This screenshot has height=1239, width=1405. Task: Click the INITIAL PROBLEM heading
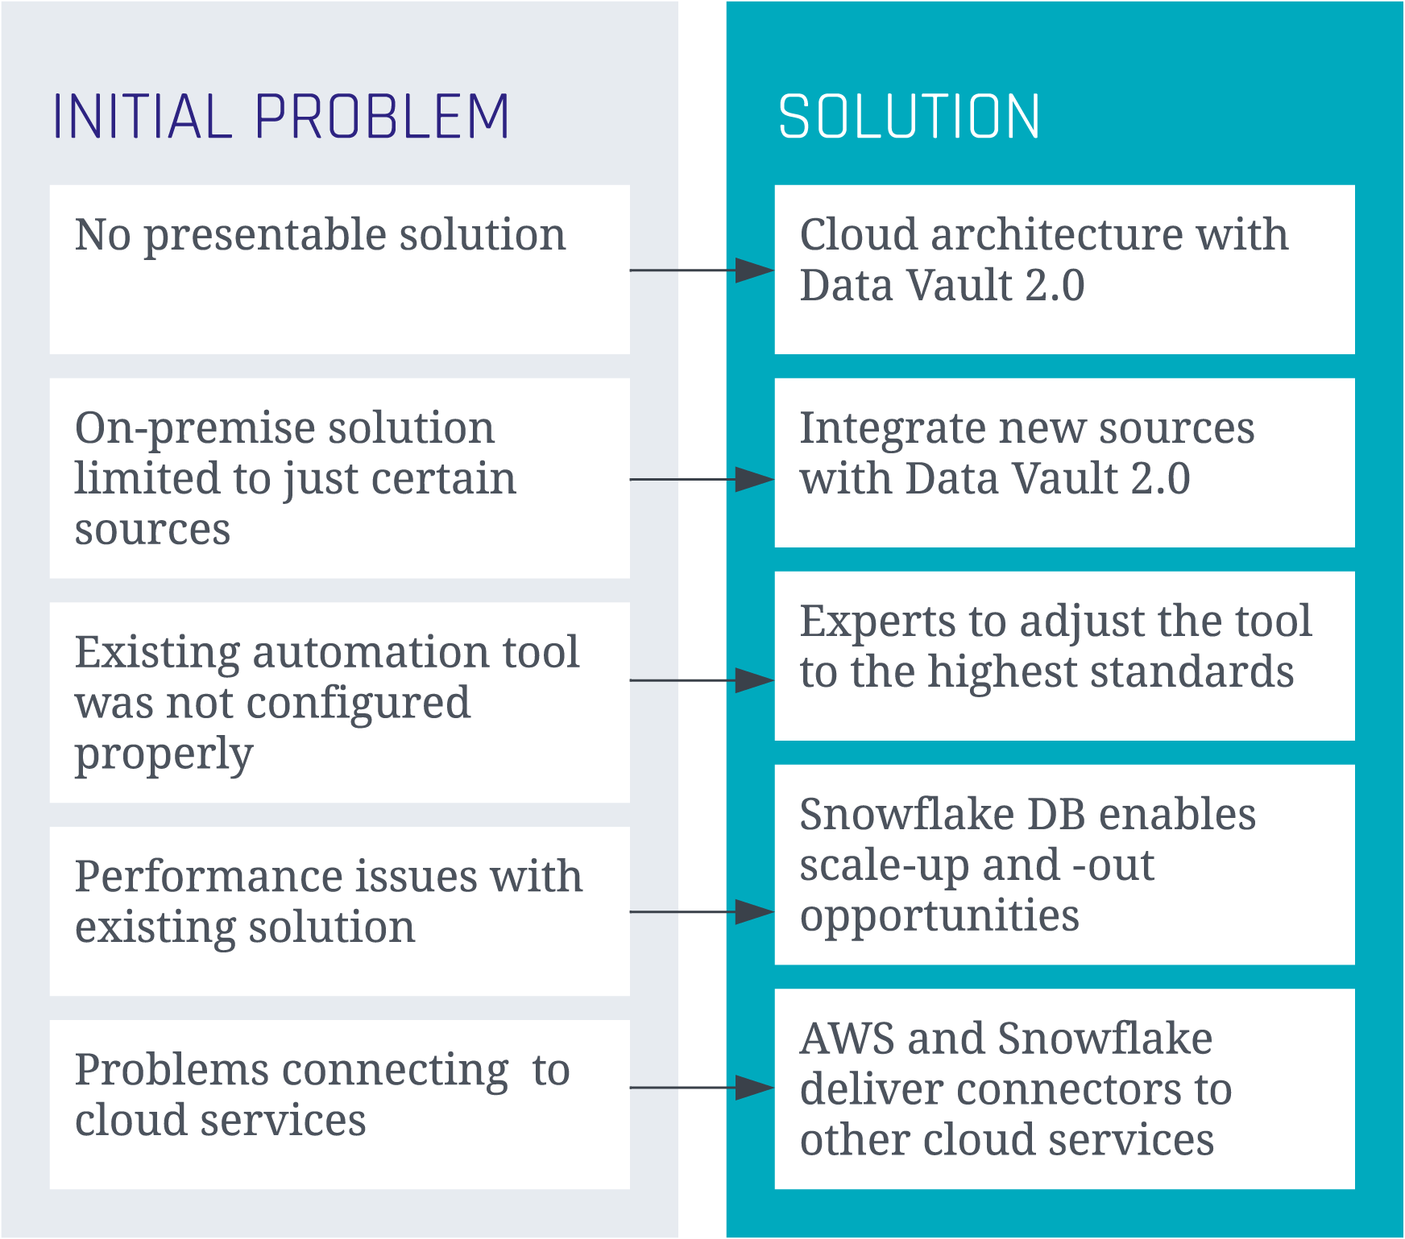click(x=280, y=118)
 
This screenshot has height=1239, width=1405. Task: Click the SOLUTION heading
click(x=909, y=118)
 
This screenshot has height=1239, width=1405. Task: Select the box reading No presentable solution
click(x=339, y=269)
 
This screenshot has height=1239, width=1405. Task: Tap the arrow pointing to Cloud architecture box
click(x=701, y=271)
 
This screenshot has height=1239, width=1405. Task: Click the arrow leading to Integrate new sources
click(x=701, y=480)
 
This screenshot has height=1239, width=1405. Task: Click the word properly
click(x=164, y=755)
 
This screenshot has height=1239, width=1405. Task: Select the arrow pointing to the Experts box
click(x=701, y=680)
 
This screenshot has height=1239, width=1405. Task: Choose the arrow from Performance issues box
click(x=701, y=912)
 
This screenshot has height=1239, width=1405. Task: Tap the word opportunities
click(x=939, y=916)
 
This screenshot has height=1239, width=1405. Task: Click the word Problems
click(x=172, y=1071)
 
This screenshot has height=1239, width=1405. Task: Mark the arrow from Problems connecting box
click(x=701, y=1088)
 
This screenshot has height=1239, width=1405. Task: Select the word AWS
click(x=848, y=1039)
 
